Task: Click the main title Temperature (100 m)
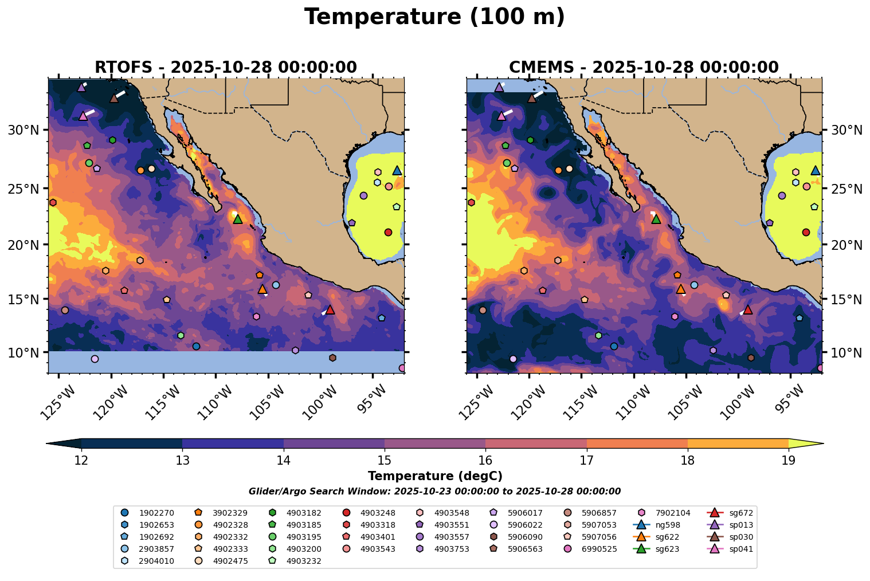[434, 17]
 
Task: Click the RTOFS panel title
[225, 67]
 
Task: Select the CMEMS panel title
[644, 67]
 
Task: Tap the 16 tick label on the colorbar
[485, 460]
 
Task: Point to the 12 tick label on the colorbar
[81, 460]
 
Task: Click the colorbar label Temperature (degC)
[434, 476]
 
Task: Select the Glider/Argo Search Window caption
[434, 492]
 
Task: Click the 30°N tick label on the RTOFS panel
[23, 131]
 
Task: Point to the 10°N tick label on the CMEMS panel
[846, 352]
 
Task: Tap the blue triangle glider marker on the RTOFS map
[397, 170]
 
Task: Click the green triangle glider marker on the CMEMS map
[656, 219]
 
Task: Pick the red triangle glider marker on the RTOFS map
[330, 309]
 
